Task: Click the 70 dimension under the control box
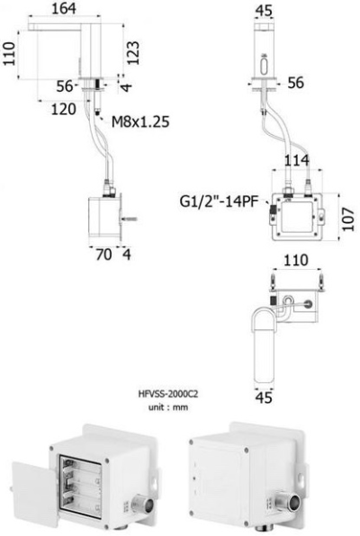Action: pyautogui.click(x=103, y=255)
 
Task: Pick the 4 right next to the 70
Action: pyautogui.click(x=126, y=255)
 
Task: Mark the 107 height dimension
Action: pyautogui.click(x=348, y=219)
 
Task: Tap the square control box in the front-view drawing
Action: pyautogui.click(x=297, y=219)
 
